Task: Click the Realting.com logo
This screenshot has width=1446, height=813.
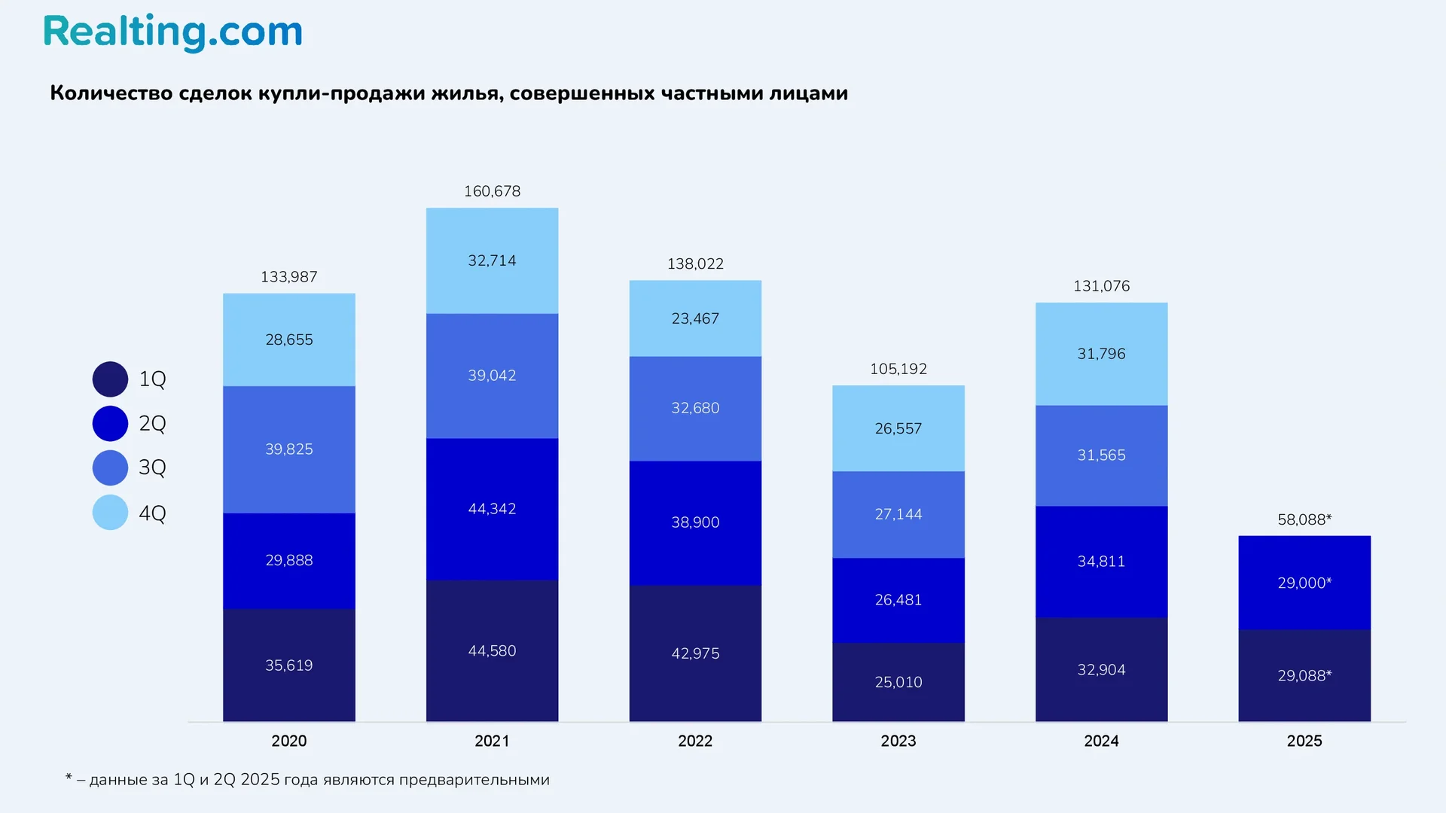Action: tap(172, 32)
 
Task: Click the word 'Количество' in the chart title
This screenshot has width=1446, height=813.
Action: tap(111, 93)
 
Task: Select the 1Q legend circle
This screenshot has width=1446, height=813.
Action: tap(110, 379)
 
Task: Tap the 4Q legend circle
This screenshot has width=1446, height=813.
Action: tap(110, 513)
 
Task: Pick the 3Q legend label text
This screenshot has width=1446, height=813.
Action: tap(152, 467)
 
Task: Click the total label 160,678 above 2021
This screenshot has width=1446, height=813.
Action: tap(492, 191)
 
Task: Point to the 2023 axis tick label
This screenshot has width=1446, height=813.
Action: tap(898, 741)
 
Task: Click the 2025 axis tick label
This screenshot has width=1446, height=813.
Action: tap(1304, 741)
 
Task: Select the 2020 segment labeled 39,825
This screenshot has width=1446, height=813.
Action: tap(288, 449)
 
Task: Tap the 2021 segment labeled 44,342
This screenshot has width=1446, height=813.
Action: tap(492, 509)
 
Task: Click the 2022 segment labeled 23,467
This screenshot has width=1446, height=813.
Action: tap(694, 318)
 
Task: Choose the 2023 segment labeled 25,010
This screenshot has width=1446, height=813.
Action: tap(898, 682)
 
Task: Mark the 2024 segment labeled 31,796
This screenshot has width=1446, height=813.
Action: tap(1101, 354)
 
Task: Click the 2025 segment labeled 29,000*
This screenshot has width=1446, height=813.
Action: tap(1304, 583)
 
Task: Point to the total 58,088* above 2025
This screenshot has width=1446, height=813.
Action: tap(1304, 519)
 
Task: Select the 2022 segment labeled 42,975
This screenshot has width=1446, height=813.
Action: tap(694, 653)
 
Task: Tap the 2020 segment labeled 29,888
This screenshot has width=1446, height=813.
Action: tap(288, 560)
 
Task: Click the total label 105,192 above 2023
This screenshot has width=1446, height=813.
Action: tap(898, 369)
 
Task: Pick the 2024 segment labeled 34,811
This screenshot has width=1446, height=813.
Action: tap(1101, 562)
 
